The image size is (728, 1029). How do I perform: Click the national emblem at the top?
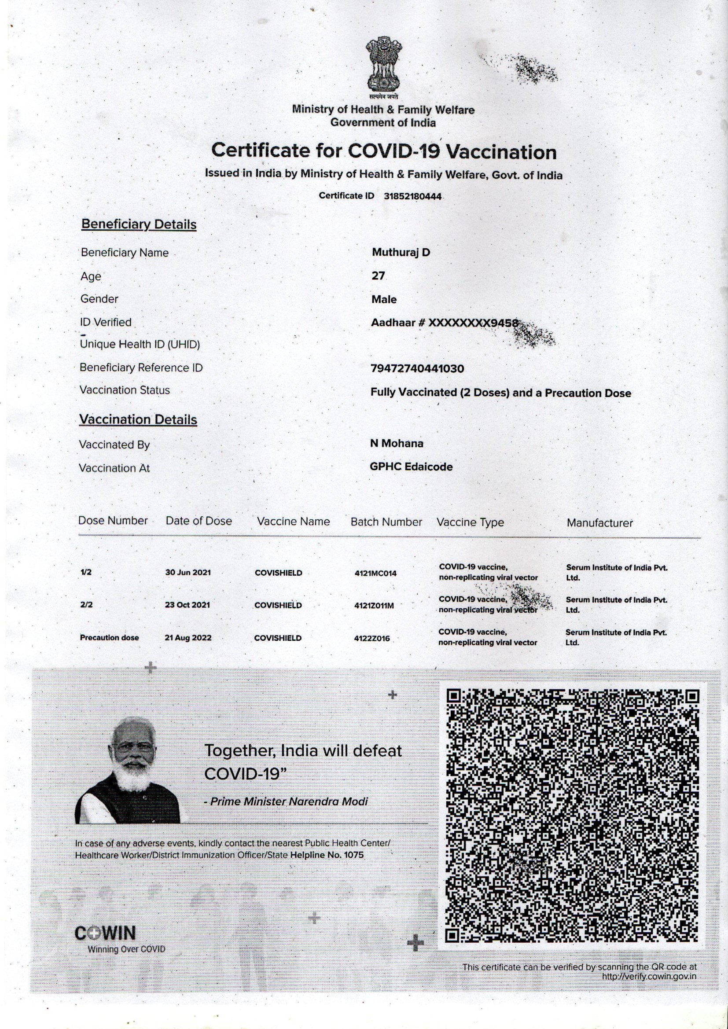(383, 66)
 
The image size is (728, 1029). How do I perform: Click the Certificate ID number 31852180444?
(412, 196)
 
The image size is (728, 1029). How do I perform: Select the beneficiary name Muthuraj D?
(401, 252)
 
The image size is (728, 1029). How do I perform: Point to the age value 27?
(378, 276)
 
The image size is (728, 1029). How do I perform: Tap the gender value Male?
(384, 299)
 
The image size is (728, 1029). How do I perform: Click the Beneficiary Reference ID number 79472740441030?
(417, 369)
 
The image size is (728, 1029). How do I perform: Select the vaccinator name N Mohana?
(396, 443)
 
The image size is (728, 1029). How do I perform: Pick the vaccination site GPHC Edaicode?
(411, 467)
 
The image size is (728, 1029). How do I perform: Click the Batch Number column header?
(386, 522)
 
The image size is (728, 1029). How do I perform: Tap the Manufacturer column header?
(599, 523)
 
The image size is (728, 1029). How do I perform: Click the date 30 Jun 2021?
(188, 573)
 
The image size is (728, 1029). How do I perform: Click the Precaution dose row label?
(110, 638)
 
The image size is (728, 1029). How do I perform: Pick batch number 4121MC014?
(375, 573)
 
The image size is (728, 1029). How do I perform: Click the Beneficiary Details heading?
(139, 224)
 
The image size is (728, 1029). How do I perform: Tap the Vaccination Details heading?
(138, 419)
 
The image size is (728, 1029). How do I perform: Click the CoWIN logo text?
(105, 933)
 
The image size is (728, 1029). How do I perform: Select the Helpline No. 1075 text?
(327, 855)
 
